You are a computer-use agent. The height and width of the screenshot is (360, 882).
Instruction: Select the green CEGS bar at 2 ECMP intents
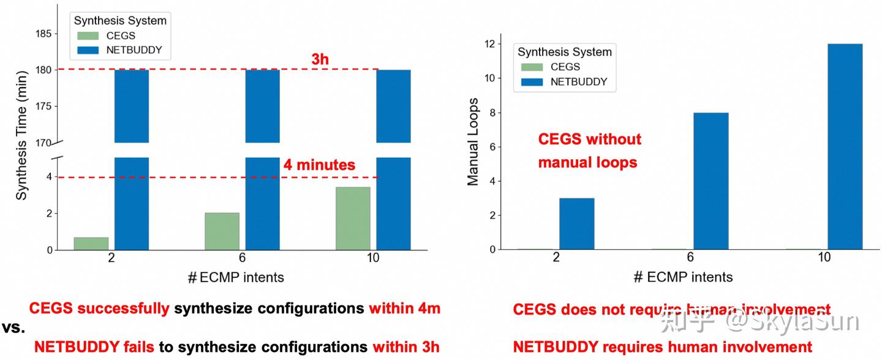coord(91,244)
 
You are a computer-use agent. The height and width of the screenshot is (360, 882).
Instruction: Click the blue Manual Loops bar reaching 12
coord(845,147)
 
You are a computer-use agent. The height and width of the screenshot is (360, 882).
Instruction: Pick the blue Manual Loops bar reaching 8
coord(710,181)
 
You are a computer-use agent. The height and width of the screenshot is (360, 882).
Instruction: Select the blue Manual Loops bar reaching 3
coord(576,223)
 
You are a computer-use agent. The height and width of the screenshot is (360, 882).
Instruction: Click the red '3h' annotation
coord(320,59)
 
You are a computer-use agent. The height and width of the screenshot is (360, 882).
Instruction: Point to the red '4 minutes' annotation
coord(318,165)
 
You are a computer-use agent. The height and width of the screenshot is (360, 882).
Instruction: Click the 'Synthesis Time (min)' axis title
coord(21,141)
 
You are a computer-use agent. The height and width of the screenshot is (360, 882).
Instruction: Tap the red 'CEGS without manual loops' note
coord(589,151)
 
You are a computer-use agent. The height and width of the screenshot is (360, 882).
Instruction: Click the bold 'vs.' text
coord(12,328)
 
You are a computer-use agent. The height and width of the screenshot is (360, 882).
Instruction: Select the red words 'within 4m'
coord(404,309)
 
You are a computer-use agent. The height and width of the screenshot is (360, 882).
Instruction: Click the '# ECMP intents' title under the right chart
coord(682,277)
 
